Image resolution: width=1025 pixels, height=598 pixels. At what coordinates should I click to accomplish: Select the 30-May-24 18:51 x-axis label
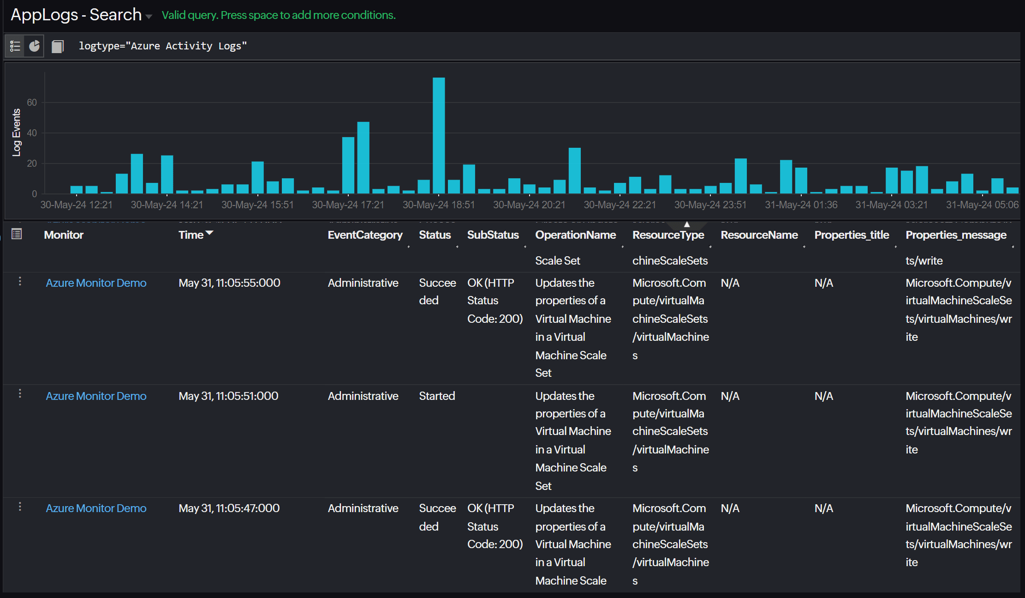point(438,205)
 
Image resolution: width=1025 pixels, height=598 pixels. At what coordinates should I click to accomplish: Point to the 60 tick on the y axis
point(32,102)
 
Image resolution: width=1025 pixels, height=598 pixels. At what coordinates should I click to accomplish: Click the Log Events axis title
point(17,133)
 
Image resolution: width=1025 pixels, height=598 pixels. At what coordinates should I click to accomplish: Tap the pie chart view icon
point(35,46)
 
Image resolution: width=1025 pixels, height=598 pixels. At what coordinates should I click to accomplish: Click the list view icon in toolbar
point(15,46)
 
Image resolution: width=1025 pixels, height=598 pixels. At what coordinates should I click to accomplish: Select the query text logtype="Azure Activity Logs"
point(163,46)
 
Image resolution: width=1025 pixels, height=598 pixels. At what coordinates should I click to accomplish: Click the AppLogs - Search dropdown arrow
point(149,17)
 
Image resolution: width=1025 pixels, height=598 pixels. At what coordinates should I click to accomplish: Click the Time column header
point(191,235)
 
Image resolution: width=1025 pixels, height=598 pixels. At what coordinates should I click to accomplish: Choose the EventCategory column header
point(365,235)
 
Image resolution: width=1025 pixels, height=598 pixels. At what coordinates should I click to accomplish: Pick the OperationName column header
point(575,235)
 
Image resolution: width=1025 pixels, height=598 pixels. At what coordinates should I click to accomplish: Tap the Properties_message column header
point(956,235)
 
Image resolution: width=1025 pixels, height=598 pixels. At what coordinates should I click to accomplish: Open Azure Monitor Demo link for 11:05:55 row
point(96,283)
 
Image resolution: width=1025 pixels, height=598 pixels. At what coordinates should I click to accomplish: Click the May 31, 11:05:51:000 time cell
point(228,396)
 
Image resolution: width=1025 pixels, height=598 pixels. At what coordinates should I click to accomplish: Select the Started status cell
point(437,396)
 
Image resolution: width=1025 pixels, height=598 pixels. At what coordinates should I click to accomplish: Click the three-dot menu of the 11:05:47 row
point(20,507)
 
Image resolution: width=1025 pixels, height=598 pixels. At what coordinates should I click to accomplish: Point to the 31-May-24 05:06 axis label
point(982,205)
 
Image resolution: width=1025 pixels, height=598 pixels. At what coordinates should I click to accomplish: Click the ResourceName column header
point(759,235)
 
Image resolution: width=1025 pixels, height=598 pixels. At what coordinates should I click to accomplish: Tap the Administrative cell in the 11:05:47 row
point(363,508)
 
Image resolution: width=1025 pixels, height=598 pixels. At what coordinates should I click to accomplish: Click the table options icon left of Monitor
point(17,234)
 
